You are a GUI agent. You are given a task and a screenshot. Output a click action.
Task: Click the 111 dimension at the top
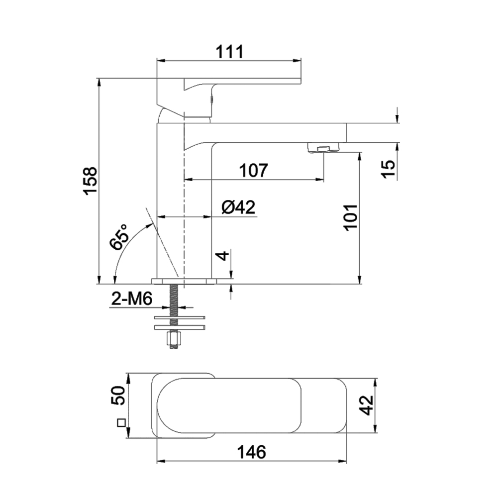click(229, 51)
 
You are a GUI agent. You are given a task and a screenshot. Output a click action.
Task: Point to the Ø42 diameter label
click(238, 207)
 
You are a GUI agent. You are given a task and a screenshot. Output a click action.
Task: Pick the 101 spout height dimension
click(350, 217)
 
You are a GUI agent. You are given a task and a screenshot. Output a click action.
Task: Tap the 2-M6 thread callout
click(132, 299)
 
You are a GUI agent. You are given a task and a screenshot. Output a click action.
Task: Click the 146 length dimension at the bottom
click(252, 452)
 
